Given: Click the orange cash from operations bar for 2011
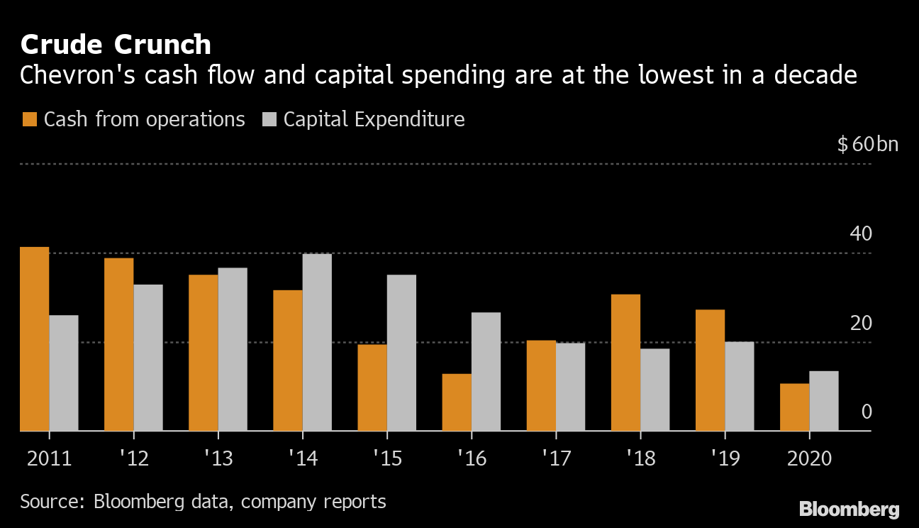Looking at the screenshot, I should (x=34, y=339).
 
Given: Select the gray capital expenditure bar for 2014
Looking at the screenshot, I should (x=317, y=343).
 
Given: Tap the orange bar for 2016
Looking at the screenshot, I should (x=457, y=402).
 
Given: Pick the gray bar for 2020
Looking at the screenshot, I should (x=824, y=401).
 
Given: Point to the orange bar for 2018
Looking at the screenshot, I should (x=625, y=363).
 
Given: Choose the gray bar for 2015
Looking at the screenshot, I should (x=401, y=353).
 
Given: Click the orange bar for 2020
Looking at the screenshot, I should (x=794, y=407).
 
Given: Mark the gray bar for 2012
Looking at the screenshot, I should (x=148, y=358).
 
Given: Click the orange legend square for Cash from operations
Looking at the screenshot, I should (x=29, y=119).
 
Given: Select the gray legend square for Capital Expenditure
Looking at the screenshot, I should (x=269, y=119).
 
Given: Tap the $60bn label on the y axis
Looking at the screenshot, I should (x=867, y=145).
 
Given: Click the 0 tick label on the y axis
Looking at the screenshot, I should (x=866, y=412).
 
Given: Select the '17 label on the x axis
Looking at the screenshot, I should (x=555, y=458).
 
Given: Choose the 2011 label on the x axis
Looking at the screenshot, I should (x=49, y=458).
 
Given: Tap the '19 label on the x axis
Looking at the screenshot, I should (x=724, y=458).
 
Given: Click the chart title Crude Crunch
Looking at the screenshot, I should (x=116, y=45).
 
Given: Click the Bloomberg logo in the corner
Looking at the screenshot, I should (x=849, y=509).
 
